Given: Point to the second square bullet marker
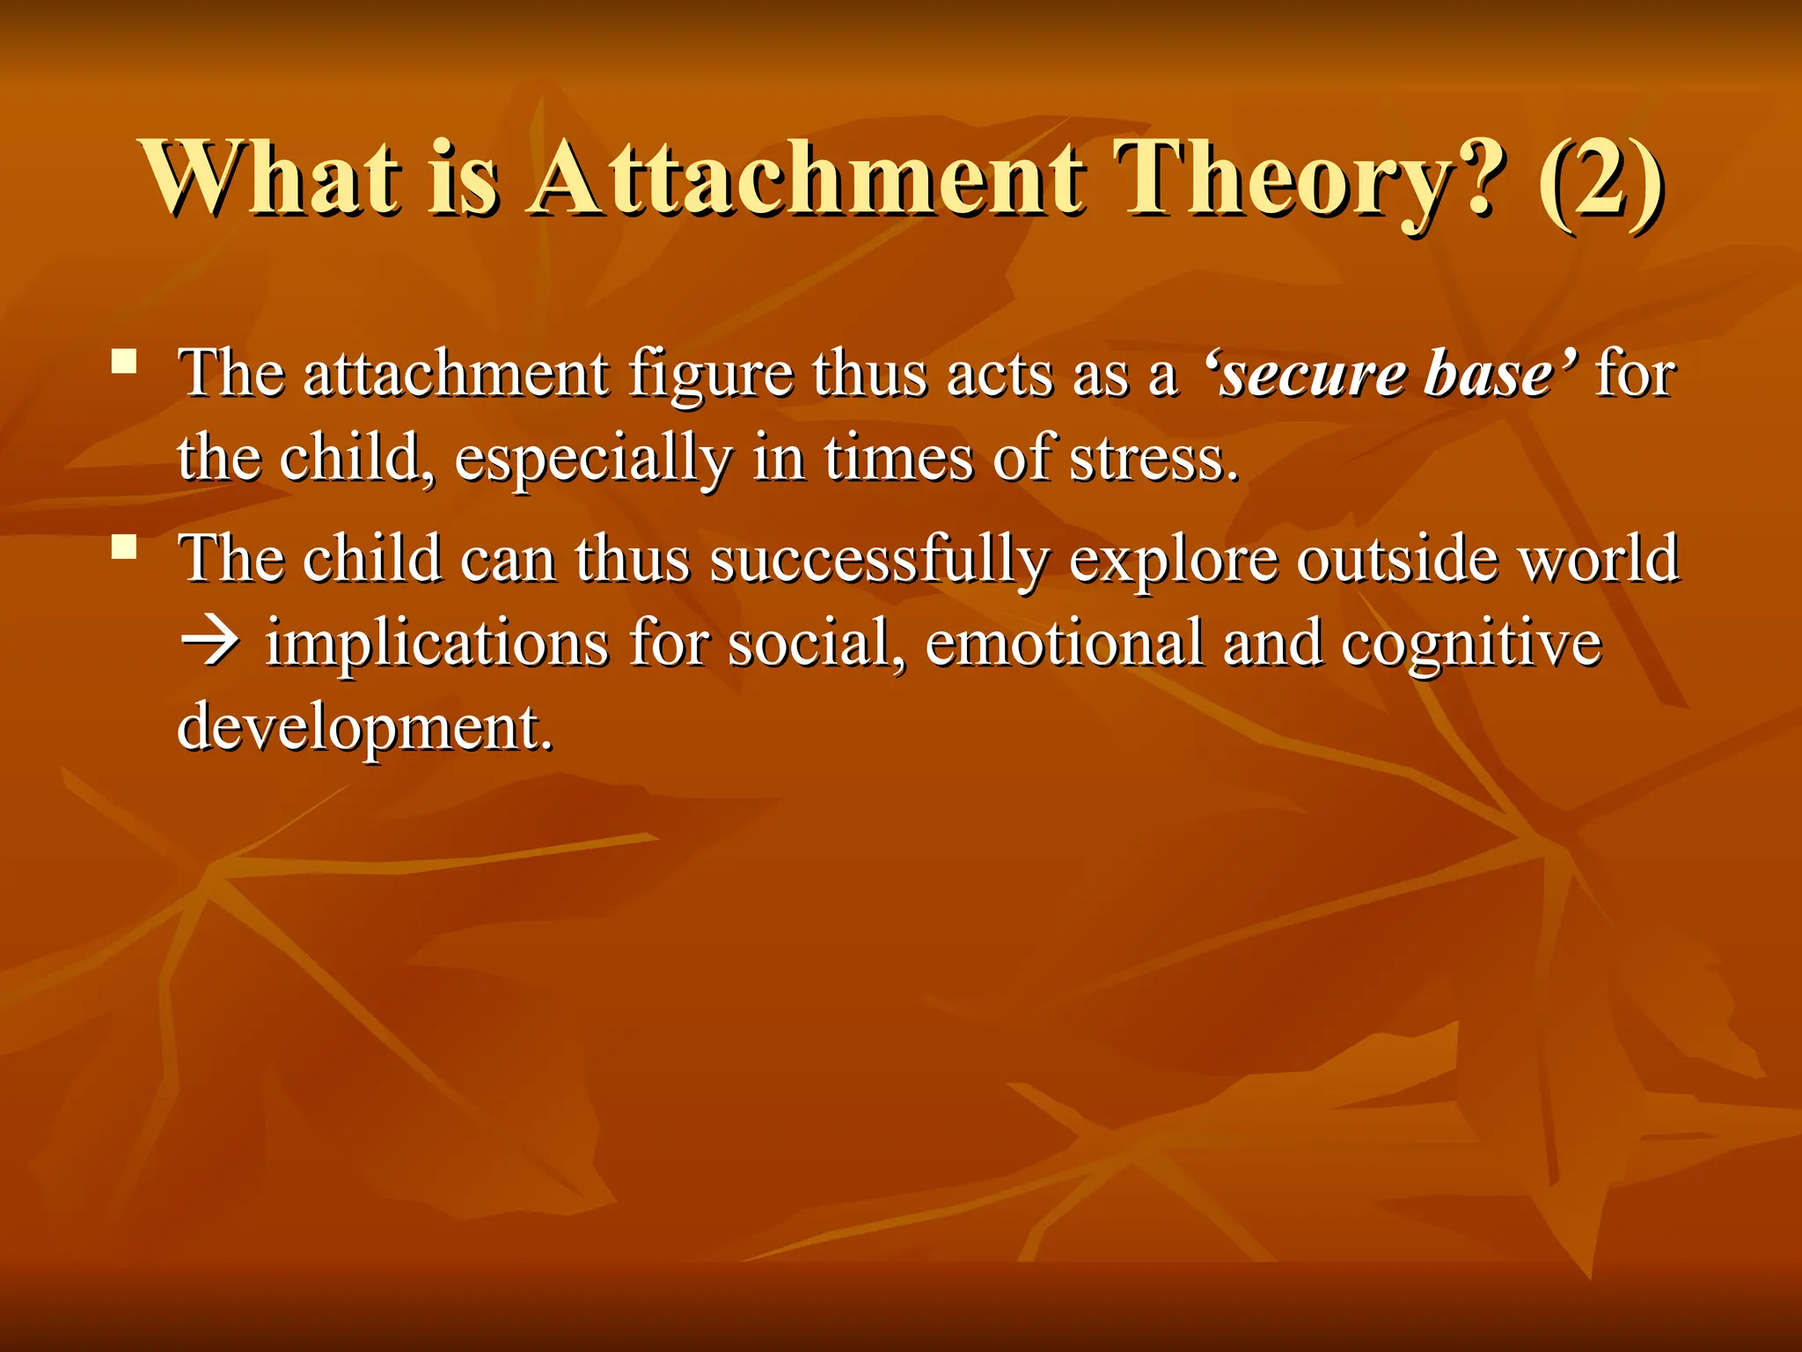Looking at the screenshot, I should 124,547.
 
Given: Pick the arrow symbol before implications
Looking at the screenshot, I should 209,643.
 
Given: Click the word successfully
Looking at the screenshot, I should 879,560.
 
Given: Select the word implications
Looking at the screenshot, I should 436,643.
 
